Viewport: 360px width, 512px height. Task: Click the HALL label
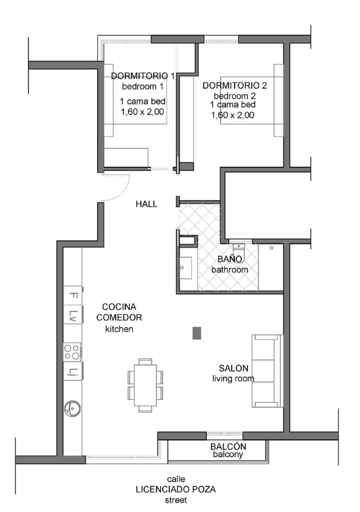146,204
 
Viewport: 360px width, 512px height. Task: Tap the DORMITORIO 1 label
143,76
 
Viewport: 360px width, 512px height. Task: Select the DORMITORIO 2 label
235,86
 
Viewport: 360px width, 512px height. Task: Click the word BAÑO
230,259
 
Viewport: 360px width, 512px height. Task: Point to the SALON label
234,368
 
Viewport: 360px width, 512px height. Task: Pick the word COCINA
119,307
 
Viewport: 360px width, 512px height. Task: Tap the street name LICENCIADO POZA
176,488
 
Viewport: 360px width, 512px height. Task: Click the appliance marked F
72,295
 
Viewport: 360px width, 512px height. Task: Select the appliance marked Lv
72,314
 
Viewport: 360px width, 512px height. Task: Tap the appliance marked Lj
72,371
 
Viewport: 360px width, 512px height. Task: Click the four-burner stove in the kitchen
72,352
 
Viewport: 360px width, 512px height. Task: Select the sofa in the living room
267,371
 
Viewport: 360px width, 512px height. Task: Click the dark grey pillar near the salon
197,333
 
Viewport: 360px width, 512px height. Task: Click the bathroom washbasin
185,268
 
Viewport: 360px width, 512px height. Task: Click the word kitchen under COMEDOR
119,329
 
